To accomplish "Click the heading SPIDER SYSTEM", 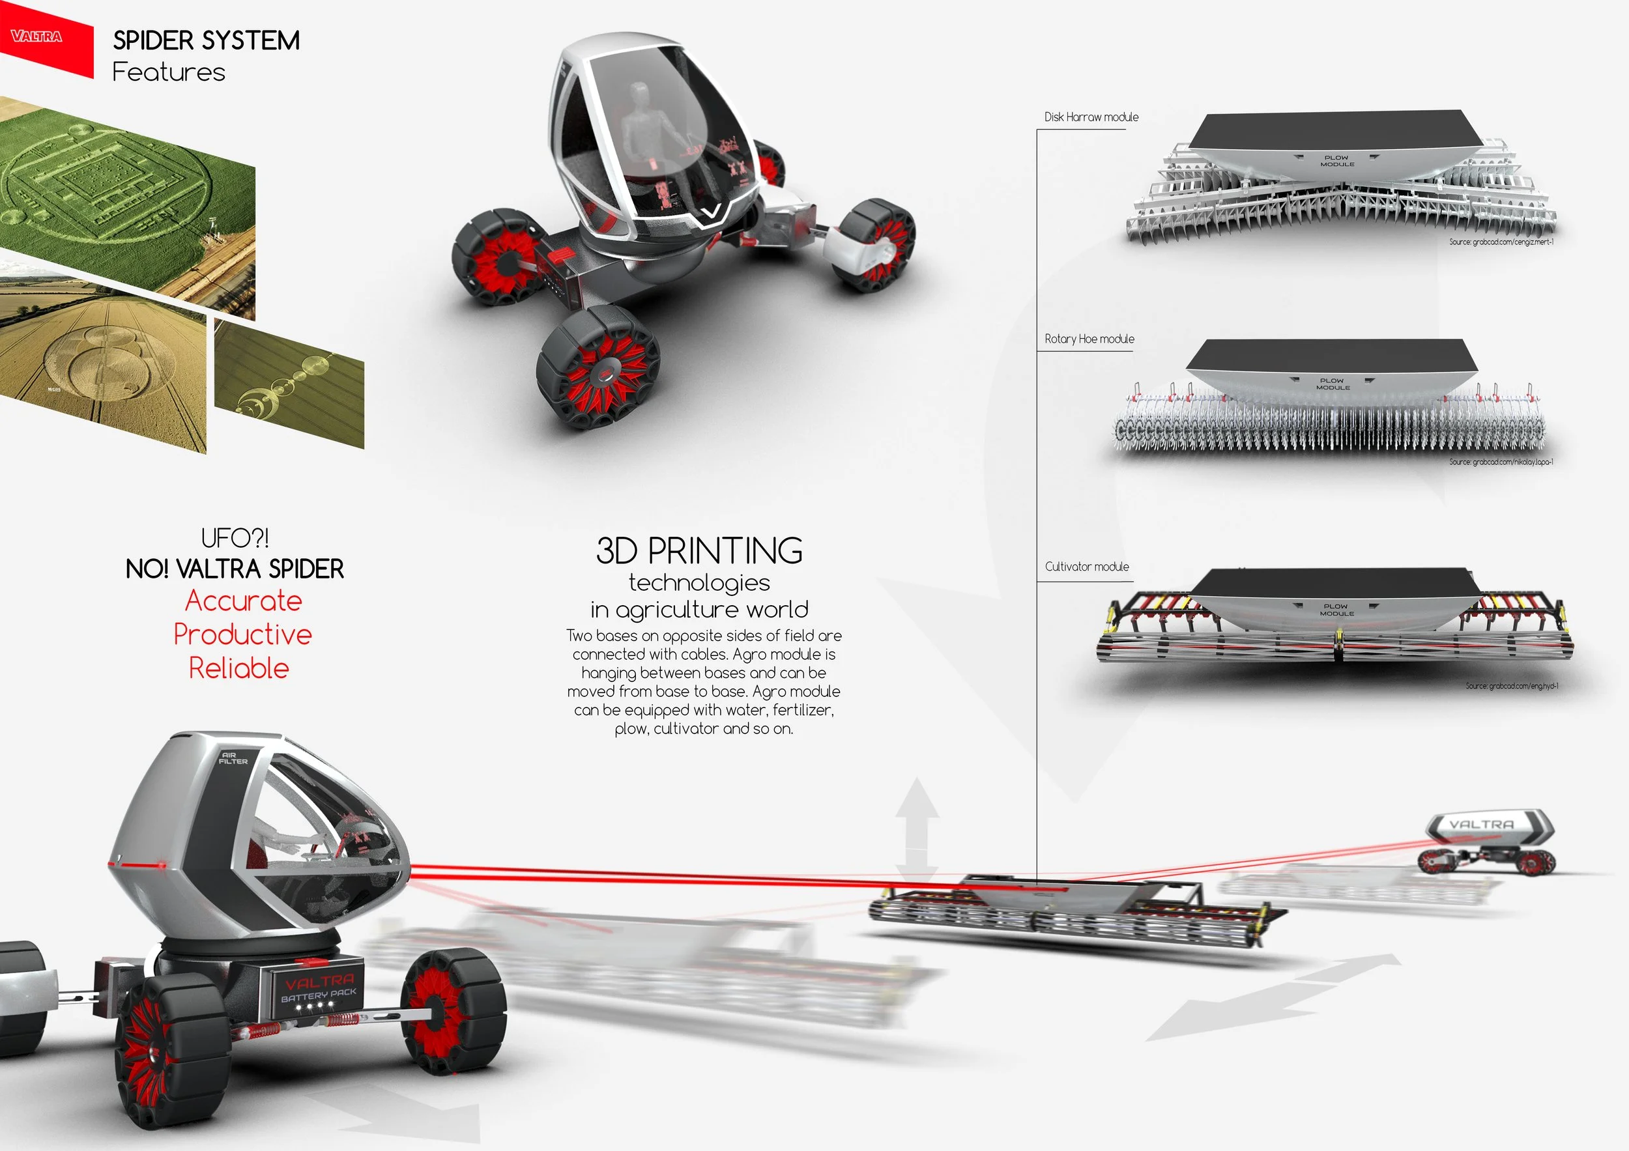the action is pyautogui.click(x=206, y=40).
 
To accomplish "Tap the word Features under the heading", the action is pyautogui.click(x=168, y=72).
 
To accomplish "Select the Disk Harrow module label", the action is pyautogui.click(x=1091, y=117).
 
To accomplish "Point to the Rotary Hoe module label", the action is pyautogui.click(x=1088, y=339).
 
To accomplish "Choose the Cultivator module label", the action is pyautogui.click(x=1086, y=567).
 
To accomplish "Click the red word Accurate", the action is pyautogui.click(x=243, y=601).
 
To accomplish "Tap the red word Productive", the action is pyautogui.click(x=242, y=634).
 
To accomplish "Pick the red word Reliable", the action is pyautogui.click(x=239, y=668).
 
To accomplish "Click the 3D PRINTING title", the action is pyautogui.click(x=699, y=550).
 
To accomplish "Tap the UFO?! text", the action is pyautogui.click(x=235, y=537).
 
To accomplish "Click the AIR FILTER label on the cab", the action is pyautogui.click(x=233, y=758).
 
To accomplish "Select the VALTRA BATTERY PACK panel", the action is pyautogui.click(x=318, y=988).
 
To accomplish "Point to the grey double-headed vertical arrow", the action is pyautogui.click(x=916, y=830).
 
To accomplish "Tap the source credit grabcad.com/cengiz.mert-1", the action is pyautogui.click(x=1501, y=242).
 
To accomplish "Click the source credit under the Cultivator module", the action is pyautogui.click(x=1511, y=686).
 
